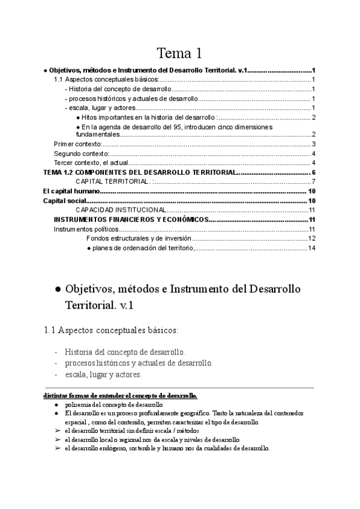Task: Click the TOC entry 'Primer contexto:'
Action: click(78, 144)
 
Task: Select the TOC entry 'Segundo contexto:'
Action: click(82, 154)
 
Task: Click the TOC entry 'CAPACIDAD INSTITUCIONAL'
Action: click(120, 210)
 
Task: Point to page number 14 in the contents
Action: click(311, 248)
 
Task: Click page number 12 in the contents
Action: click(311, 238)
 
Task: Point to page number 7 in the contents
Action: click(313, 182)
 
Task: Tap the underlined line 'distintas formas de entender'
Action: click(120, 396)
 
